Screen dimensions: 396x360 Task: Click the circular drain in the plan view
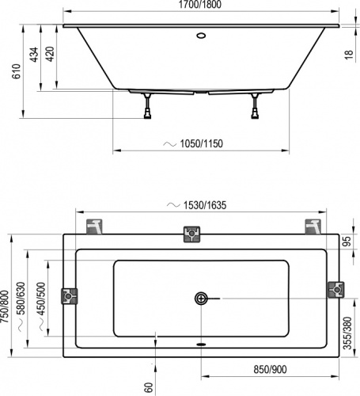point(201,299)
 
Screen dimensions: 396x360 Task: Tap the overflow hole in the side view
point(199,35)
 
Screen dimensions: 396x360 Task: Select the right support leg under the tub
point(255,105)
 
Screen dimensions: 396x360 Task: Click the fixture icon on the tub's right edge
point(335,291)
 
